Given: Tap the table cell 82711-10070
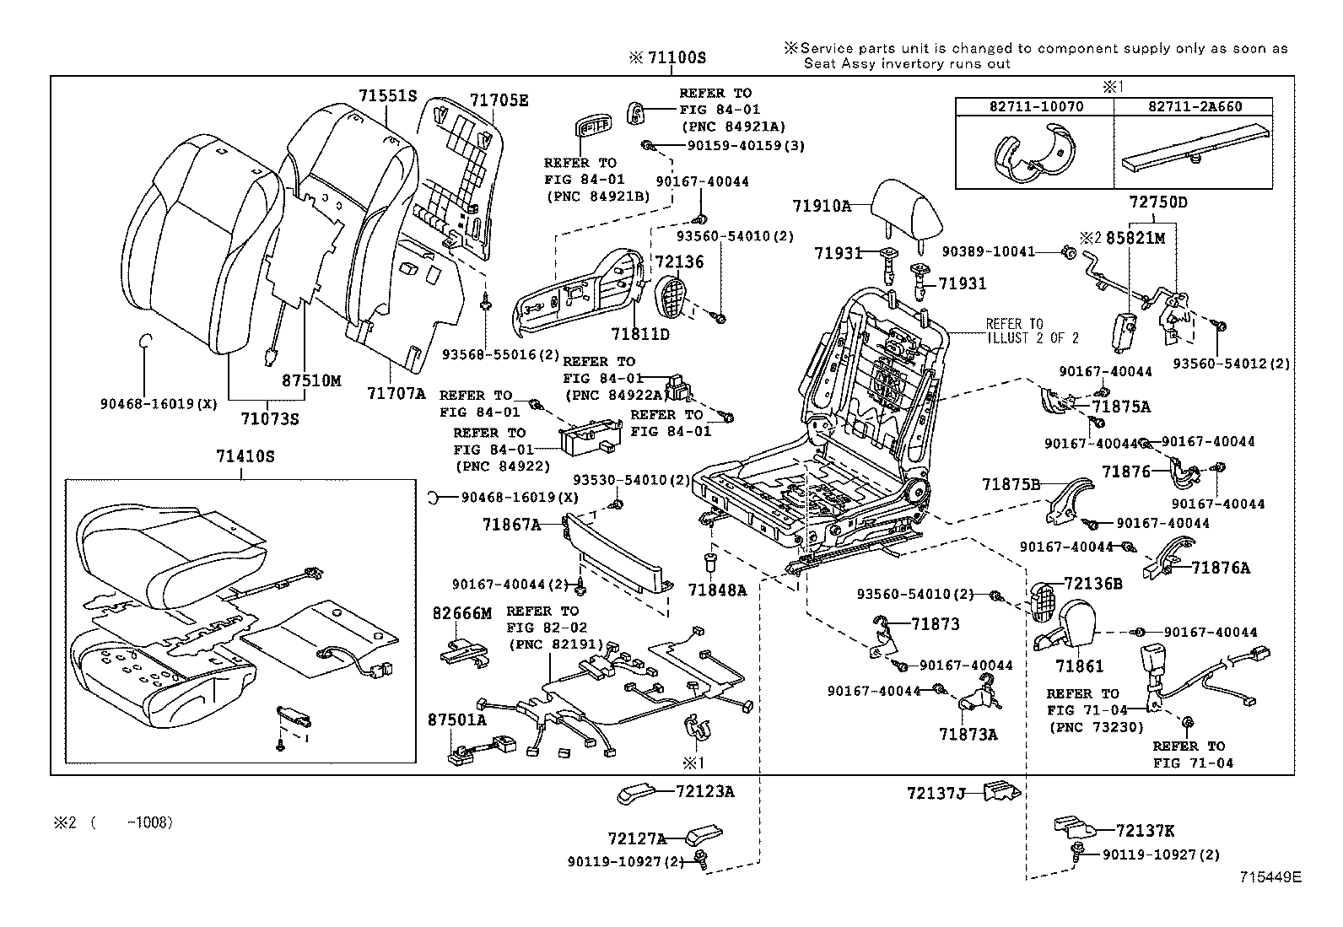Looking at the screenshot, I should [x=1034, y=106].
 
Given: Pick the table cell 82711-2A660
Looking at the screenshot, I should [x=1192, y=106].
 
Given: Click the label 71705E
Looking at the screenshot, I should [x=499, y=100].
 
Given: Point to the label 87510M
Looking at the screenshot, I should [x=310, y=380].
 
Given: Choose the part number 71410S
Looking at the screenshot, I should [x=245, y=456].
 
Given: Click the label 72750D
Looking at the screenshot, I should [x=1158, y=203].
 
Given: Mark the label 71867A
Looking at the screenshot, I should [x=511, y=525].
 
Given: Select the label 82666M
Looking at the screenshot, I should [x=461, y=613].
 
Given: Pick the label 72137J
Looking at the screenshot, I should [x=936, y=793].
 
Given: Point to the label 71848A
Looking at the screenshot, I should [x=717, y=590].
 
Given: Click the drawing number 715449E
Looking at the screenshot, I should [x=1270, y=877].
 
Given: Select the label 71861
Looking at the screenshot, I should [x=1079, y=666].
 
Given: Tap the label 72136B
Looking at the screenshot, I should [x=1092, y=583].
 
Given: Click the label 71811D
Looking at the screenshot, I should [x=640, y=334].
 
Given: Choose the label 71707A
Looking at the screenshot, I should [x=396, y=392].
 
